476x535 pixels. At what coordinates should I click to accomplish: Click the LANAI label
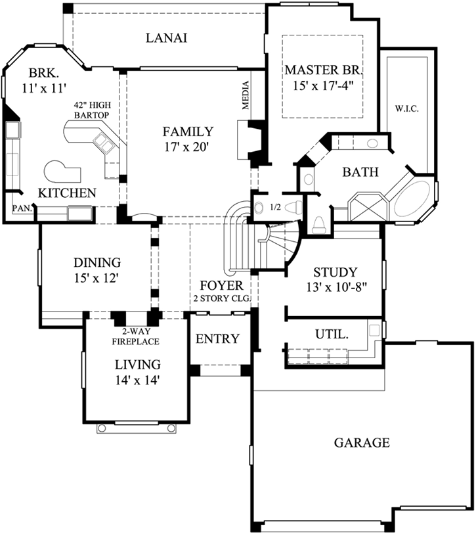pos(166,38)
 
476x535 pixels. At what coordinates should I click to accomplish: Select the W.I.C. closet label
pos(407,108)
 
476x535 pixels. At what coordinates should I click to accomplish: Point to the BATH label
pos(360,173)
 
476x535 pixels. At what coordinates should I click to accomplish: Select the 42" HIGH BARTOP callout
pos(91,110)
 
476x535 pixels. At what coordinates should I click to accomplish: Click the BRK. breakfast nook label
pos(43,72)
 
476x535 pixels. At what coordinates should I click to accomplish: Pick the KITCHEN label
pos(67,193)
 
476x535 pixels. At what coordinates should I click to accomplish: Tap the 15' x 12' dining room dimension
pos(97,278)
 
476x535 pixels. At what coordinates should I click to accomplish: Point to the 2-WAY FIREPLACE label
pos(137,337)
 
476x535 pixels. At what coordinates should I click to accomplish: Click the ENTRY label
pos(218,339)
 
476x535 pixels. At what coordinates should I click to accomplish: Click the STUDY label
pos(335,272)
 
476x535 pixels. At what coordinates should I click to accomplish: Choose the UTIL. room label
pos(331,335)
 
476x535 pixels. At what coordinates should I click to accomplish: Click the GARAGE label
pos(362,442)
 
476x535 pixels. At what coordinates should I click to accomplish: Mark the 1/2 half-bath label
pos(275,208)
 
